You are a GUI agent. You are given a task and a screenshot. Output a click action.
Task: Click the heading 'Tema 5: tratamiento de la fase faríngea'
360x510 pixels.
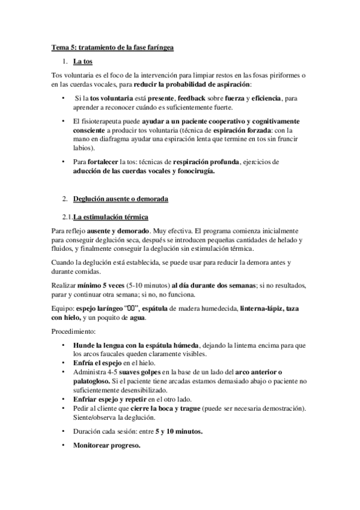[113, 47]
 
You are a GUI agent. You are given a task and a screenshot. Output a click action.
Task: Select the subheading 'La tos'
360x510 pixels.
[82, 61]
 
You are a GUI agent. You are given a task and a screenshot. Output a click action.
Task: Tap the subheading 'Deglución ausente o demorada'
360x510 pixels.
[121, 198]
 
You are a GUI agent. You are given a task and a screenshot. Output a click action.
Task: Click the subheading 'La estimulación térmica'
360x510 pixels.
[111, 217]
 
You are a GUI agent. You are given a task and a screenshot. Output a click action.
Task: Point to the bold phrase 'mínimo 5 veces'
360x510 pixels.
[98, 285]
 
